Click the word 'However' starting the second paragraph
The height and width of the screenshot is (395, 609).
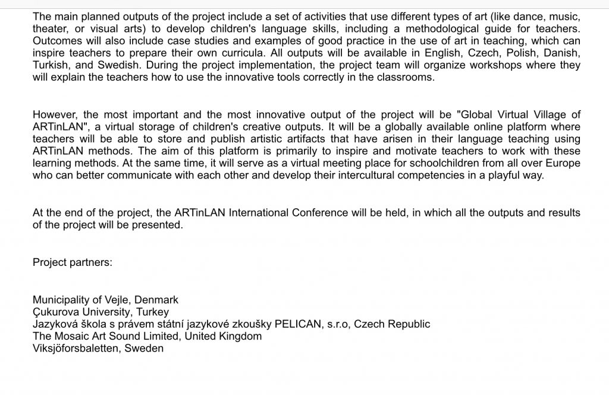55,115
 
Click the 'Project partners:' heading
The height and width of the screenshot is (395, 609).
73,262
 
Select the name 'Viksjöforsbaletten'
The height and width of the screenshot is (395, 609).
76,349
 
